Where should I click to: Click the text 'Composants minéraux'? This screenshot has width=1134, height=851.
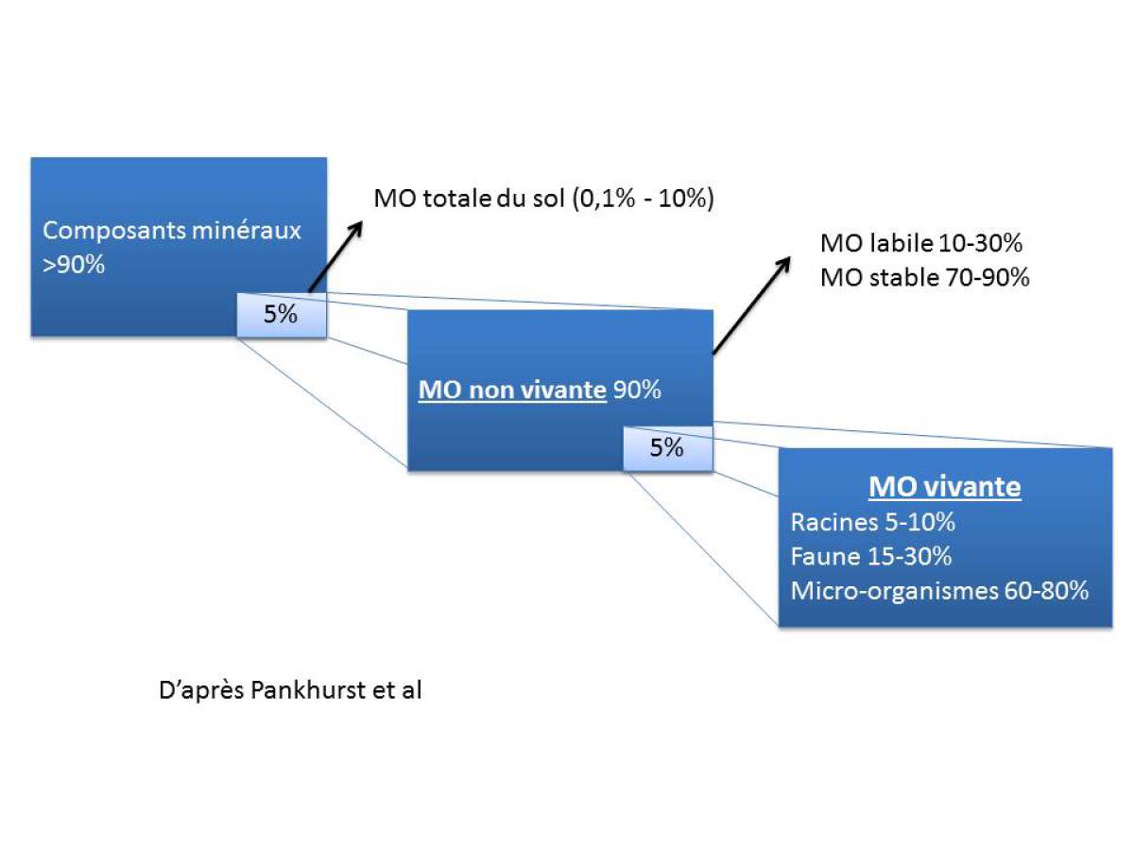point(172,230)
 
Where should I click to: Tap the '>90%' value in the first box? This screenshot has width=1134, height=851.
point(74,266)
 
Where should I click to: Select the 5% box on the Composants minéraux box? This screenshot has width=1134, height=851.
point(281,314)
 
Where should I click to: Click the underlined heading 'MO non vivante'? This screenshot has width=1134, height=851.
point(511,389)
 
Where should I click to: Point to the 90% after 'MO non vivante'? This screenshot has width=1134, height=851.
point(636,389)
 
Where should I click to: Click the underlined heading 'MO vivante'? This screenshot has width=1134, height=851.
point(945,487)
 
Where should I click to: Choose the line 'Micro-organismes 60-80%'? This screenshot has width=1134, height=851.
point(939,591)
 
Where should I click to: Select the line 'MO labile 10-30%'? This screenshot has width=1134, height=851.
point(921,243)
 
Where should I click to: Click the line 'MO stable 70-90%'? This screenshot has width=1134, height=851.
point(924,278)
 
